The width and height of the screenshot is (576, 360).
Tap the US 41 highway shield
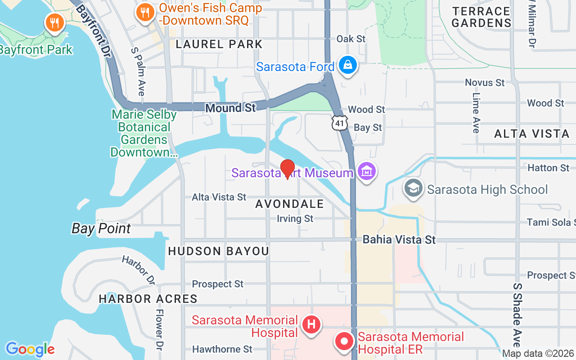[x=340, y=122]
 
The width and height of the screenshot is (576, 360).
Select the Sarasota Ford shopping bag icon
[x=348, y=66]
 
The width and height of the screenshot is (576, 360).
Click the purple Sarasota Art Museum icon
[x=367, y=172]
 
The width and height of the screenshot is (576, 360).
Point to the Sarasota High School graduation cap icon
[x=413, y=189]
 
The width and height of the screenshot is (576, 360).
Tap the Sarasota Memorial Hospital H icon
[x=311, y=324]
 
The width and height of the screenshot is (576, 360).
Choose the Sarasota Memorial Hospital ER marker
[x=344, y=341]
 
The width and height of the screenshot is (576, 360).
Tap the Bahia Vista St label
[x=399, y=239]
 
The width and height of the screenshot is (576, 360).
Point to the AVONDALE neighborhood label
[x=289, y=204]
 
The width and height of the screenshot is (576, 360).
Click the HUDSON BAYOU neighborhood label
[x=218, y=251]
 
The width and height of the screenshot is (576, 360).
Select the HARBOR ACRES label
[x=148, y=299]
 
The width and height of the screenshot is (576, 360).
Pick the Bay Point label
[x=101, y=229]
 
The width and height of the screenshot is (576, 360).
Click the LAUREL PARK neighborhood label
[x=219, y=44]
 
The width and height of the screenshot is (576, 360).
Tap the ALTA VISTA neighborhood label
[x=532, y=134]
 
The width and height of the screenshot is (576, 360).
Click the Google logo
[x=30, y=349]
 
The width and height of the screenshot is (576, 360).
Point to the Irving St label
[x=295, y=219]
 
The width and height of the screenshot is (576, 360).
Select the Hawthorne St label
[x=222, y=349]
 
